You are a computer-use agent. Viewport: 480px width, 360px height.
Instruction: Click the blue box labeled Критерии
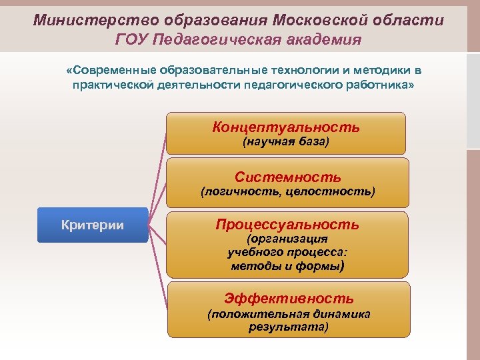pyautogui.click(x=93, y=225)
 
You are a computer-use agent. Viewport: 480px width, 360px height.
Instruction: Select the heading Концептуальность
pyautogui.click(x=286, y=127)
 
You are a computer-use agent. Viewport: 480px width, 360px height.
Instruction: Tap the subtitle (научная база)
pyautogui.click(x=286, y=142)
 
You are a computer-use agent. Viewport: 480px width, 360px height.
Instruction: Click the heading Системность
pyautogui.click(x=287, y=177)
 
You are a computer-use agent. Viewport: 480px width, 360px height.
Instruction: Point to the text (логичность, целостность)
pyautogui.click(x=288, y=192)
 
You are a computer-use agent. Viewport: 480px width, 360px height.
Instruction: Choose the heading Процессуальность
pyautogui.click(x=287, y=225)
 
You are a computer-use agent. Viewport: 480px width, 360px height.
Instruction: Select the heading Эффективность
pyautogui.click(x=289, y=299)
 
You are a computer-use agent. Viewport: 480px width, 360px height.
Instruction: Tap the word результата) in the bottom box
pyautogui.click(x=289, y=327)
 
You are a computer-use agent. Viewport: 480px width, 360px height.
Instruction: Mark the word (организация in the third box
pyautogui.click(x=287, y=239)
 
